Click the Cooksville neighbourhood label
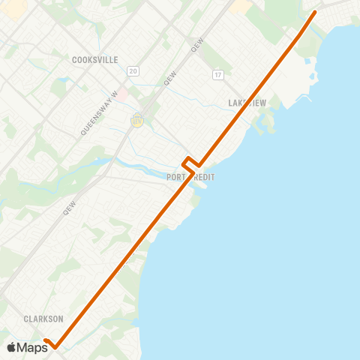tap(96, 59)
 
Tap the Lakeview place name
tap(247, 103)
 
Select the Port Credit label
tap(191, 177)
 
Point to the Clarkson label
tap(43, 319)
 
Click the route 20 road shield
tap(133, 70)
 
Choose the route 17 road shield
tap(217, 74)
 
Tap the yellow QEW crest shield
tap(137, 119)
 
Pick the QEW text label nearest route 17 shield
tap(197, 46)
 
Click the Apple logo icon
tap(11, 347)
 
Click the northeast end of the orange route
tap(315, 12)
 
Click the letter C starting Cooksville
tap(75, 59)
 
